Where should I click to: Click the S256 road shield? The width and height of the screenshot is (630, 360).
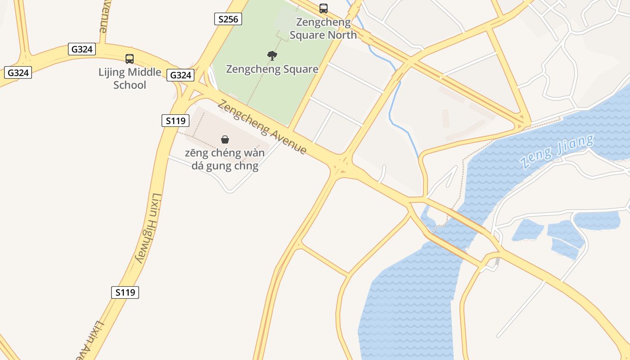228,19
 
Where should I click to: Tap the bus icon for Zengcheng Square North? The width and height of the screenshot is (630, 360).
323,8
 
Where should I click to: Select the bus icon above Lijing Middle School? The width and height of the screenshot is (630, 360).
130,58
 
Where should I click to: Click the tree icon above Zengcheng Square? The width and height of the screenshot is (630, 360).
272,56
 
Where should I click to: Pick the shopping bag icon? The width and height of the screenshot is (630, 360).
225,139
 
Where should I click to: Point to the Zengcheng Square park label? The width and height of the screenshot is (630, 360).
272,69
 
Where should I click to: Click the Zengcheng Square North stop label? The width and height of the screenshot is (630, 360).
323,28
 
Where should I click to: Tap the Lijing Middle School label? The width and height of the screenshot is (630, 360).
130,78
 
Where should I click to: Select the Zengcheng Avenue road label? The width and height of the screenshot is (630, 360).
262,128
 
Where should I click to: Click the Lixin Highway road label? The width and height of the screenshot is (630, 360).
148,229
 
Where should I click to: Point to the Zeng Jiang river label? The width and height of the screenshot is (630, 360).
557,151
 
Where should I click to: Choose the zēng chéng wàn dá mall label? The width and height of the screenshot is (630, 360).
225,159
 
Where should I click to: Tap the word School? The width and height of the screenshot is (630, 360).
130,85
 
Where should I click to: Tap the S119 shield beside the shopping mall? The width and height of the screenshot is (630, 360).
175,121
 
